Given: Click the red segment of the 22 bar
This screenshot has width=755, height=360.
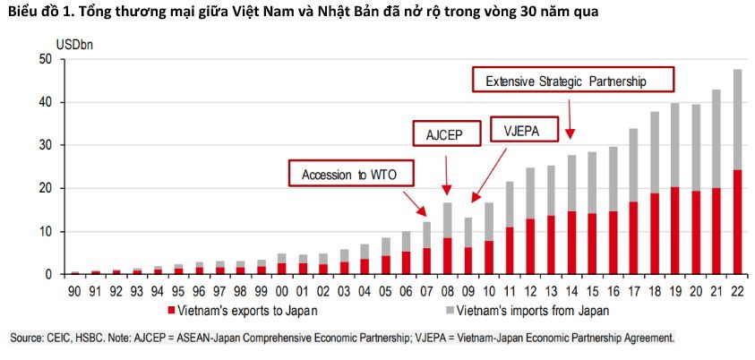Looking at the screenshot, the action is pyautogui.click(x=737, y=222).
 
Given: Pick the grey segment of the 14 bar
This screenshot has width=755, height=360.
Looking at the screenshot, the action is pyautogui.click(x=571, y=183).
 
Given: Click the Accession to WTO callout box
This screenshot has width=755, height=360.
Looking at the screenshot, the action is pyautogui.click(x=351, y=173).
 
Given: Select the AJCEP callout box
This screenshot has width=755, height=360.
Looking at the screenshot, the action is pyautogui.click(x=447, y=133).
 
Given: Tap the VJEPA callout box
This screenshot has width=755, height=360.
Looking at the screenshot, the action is pyautogui.click(x=524, y=128).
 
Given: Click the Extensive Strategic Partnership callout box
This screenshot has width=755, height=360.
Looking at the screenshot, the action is pyautogui.click(x=572, y=79).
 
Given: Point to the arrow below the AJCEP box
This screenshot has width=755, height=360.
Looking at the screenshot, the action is pyautogui.click(x=447, y=176).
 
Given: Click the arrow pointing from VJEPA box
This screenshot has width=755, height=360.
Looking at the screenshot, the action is pyautogui.click(x=489, y=176).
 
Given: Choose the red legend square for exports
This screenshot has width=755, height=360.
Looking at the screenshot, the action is pyautogui.click(x=170, y=310).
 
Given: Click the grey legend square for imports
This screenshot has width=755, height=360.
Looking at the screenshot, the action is pyautogui.click(x=449, y=310).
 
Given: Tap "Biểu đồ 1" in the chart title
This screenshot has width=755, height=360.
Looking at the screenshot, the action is pyautogui.click(x=30, y=12).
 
